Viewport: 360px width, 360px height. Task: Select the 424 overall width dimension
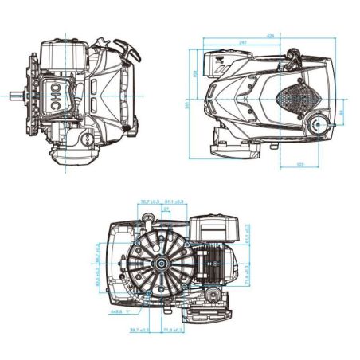271,37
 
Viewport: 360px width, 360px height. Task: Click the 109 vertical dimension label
197,73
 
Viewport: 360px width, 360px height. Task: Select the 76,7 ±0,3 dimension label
150,202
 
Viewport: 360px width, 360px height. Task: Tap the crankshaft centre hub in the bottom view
162,263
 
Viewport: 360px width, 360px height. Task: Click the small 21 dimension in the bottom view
166,209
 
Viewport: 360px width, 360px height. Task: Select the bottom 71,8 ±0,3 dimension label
173,329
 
